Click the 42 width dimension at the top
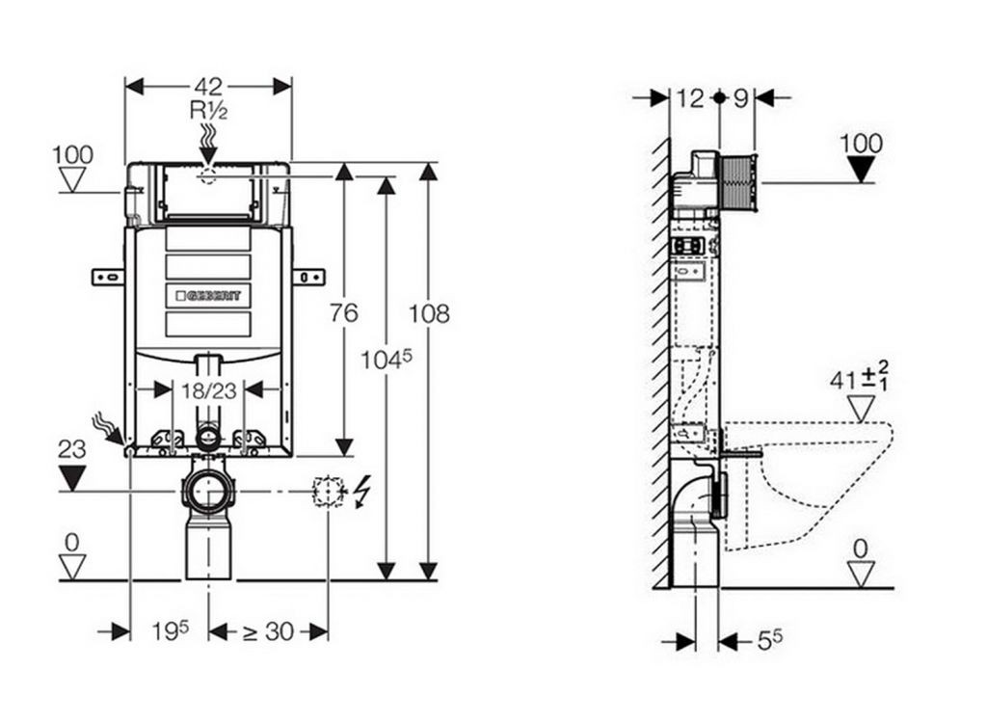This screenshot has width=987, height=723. (208, 86)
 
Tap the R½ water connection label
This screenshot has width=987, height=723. (208, 110)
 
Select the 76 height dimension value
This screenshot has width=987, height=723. (343, 312)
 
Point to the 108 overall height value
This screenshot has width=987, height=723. (429, 313)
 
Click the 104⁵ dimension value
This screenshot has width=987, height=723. (386, 359)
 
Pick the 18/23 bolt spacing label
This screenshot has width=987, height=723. (208, 389)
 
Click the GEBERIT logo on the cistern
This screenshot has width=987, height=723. (208, 294)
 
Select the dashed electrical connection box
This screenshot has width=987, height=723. (329, 492)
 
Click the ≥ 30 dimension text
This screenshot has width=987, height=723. (268, 631)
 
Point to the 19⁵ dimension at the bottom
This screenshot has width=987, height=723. (170, 631)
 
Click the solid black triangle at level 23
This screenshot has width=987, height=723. (72, 476)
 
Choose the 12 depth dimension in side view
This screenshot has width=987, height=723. (690, 97)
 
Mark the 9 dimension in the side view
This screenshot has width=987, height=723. (740, 97)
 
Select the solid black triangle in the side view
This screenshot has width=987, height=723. (861, 170)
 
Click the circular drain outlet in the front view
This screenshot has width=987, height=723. (207, 493)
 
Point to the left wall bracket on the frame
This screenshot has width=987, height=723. (108, 278)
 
